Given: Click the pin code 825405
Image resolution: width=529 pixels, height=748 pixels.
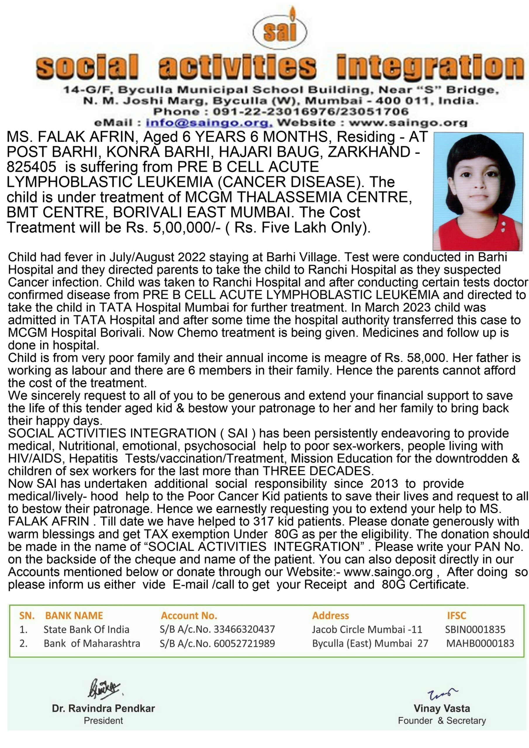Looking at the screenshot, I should click(31, 167).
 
